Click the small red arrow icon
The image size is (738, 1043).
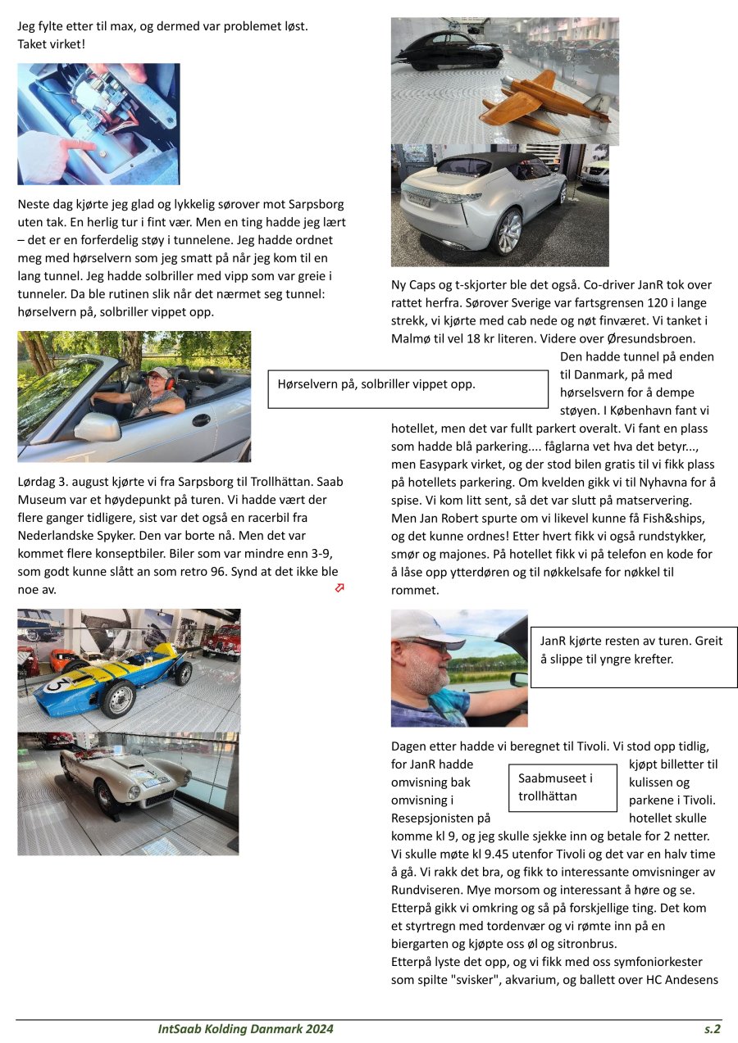point(339,587)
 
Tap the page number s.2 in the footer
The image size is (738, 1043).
point(712,1029)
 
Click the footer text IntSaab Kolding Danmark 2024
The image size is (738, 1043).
point(246,1029)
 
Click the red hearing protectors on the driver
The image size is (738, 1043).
point(169,381)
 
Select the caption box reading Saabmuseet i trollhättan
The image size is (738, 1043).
point(563,787)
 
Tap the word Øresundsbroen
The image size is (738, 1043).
point(654,338)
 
